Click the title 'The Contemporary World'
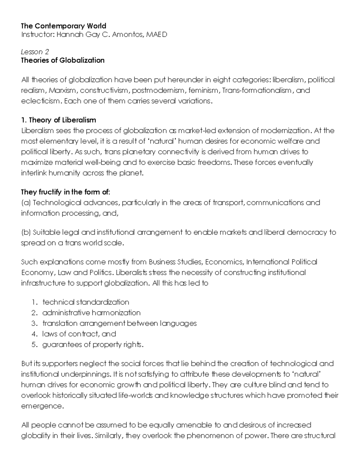click(64, 26)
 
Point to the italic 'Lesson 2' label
click(35, 52)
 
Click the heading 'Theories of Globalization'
click(63, 60)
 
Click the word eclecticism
click(40, 101)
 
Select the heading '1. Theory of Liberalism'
click(58, 120)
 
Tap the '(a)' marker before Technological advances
click(26, 203)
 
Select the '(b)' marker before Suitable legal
click(26, 232)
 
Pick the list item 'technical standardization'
click(86, 302)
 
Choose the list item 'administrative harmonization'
click(91, 313)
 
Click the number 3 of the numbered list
click(34, 323)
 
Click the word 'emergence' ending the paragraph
click(42, 406)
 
